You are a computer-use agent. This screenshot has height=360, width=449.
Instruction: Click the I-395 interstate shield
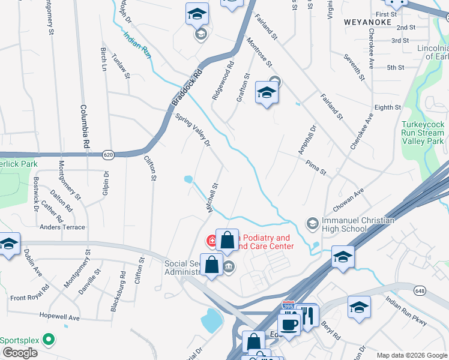coord(289,307)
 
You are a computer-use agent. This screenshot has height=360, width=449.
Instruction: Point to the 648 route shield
coord(418,290)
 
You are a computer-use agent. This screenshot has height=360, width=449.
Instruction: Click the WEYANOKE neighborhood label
coord(368,22)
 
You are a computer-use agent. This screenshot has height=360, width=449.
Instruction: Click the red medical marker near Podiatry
coord(212,241)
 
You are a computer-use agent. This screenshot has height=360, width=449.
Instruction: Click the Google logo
coord(19,353)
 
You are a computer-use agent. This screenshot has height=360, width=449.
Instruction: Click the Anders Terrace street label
coord(62,227)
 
